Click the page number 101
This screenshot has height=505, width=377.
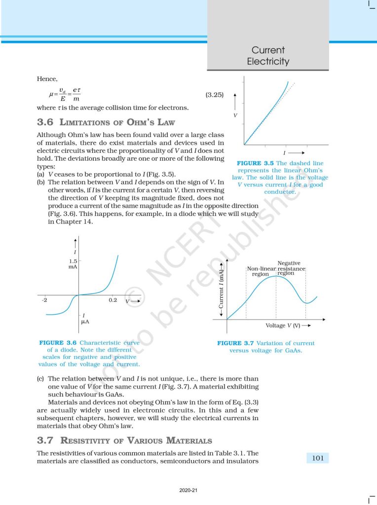coord(318,458)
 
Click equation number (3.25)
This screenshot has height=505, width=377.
coord(214,94)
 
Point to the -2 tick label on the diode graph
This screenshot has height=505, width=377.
coord(44,300)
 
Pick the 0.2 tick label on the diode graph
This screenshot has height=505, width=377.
coord(113,300)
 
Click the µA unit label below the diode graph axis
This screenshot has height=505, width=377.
coord(84,322)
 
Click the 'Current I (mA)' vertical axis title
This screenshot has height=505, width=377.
coord(222,289)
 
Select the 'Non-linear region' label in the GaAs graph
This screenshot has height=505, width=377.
coord(260,271)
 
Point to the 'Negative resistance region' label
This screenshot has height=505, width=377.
coord(290,268)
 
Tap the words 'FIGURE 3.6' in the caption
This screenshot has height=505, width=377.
coord(58,343)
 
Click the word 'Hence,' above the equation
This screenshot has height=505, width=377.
coord(47,79)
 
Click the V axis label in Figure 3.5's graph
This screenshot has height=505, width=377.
coord(235,115)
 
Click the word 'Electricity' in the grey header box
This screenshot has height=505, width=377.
coord(268,62)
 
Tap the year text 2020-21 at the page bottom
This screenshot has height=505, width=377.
coord(188,490)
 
